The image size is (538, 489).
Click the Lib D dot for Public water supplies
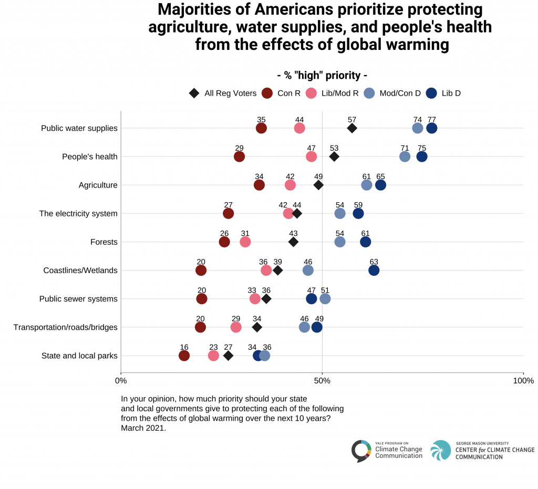point(432,128)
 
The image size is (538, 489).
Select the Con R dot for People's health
point(239,157)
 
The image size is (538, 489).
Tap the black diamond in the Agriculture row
point(318,185)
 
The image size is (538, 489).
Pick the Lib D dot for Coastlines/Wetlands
point(374,270)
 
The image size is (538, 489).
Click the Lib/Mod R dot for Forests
point(245,242)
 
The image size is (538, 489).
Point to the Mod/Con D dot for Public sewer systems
point(325,299)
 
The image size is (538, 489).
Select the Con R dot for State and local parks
point(184,356)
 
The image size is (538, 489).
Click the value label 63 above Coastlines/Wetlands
point(374,262)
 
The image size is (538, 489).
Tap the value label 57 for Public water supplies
point(352,120)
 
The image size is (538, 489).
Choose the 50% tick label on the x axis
point(322,381)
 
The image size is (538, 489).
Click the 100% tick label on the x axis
point(523,381)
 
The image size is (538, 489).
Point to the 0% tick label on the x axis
point(121,381)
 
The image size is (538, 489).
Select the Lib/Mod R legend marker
point(312,93)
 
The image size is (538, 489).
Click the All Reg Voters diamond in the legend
point(194,93)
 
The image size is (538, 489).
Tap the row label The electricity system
point(78,214)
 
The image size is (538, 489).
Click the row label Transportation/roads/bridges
point(65,327)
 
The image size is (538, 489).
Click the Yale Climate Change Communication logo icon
point(361,451)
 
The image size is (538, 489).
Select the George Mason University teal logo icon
point(440,451)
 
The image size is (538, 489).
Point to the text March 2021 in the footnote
point(143,428)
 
